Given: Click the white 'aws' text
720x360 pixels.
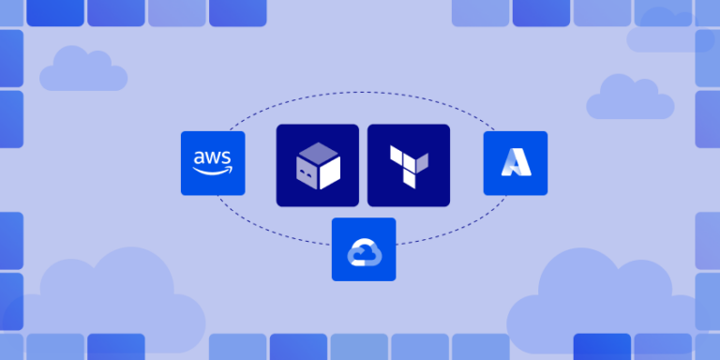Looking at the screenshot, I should tap(213, 157).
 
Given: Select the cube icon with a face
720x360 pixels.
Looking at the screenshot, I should tap(317, 165).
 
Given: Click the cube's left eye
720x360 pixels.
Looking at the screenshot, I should tap(302, 172).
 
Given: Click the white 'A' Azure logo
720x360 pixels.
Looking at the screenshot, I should tap(516, 163).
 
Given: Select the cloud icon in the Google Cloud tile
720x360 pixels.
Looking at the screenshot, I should tap(364, 250).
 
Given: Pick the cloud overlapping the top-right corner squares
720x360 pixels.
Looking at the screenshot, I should tap(670, 33).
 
